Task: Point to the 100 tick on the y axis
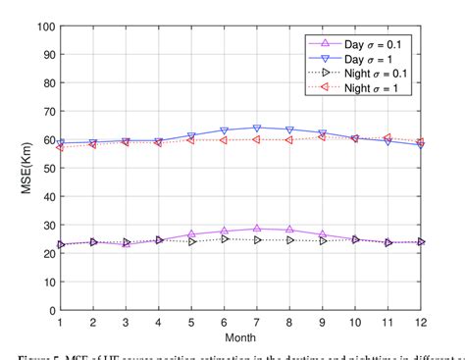[x=45, y=26]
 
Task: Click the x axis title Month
[x=240, y=335]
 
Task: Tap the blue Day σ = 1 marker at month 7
[x=257, y=129]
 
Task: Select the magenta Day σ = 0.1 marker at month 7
[x=257, y=229]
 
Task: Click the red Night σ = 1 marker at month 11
[x=388, y=138]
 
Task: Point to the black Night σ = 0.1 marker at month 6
[x=225, y=239]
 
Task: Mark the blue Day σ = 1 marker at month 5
[x=191, y=136]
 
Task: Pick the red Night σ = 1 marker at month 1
[x=61, y=147]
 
